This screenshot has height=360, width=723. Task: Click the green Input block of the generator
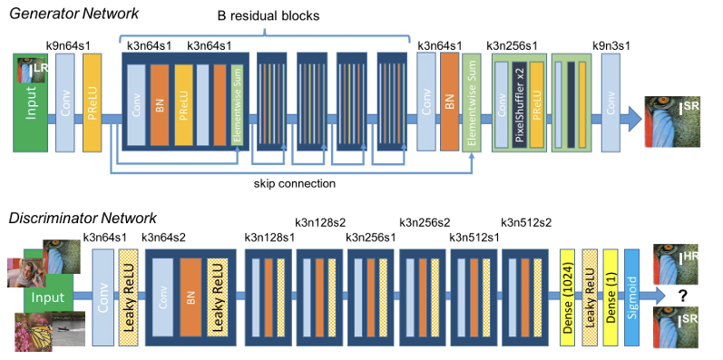pos(30,102)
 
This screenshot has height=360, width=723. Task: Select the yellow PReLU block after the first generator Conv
pos(92,102)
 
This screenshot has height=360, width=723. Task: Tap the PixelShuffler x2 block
pos(519,104)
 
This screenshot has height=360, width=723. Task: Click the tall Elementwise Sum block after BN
pos(472,102)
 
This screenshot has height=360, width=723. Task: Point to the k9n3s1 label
pos(611,45)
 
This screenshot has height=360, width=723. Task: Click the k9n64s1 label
pos(68,45)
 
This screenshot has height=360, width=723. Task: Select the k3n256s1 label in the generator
pos(512,45)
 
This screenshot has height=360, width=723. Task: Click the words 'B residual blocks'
pos(269,15)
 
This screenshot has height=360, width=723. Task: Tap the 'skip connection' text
pos(295,183)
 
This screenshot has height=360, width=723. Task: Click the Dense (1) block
pos(610,297)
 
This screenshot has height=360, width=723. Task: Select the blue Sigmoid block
pos(631,297)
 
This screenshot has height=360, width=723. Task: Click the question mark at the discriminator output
pos(682,296)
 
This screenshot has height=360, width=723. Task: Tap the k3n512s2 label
pos(526,223)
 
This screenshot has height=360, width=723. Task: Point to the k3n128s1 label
pos(270,238)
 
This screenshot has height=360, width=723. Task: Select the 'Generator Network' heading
pos(73,14)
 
